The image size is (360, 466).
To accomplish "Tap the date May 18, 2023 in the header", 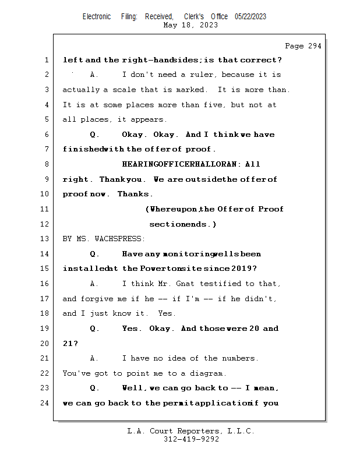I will (x=191, y=25).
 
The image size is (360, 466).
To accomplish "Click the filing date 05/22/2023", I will (x=250, y=17).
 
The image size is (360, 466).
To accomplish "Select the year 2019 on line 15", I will (x=242, y=269).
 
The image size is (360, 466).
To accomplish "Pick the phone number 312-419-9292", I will (x=191, y=439).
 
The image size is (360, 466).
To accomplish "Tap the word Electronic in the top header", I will (x=97, y=17).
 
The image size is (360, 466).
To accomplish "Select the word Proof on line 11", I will (x=271, y=209).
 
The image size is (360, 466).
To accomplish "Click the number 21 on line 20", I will (x=68, y=344).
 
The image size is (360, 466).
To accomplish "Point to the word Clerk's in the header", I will (x=194, y=17).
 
